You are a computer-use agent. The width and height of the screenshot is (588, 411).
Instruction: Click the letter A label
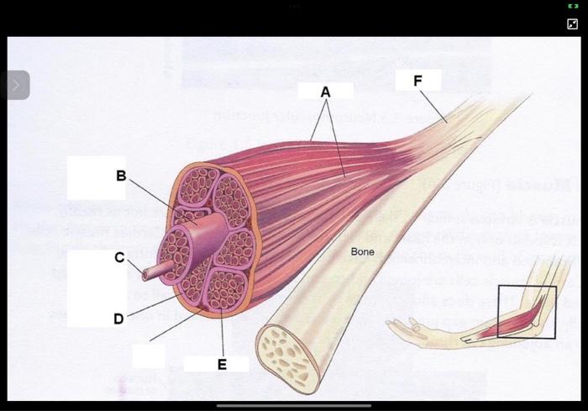[x=326, y=92]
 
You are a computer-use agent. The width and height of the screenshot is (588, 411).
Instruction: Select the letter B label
[x=121, y=177]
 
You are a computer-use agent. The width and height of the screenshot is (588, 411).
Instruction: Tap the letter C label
[x=120, y=257]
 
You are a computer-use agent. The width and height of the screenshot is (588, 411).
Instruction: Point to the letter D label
[x=118, y=319]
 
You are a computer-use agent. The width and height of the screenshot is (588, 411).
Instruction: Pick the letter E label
[x=222, y=364]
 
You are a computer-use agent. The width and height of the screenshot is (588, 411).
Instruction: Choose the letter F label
[x=417, y=81]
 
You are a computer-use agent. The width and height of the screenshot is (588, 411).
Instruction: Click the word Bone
[x=362, y=251]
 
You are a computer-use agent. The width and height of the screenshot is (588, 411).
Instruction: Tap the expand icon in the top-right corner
[x=573, y=24]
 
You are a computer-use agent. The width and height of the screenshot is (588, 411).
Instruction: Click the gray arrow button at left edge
[x=16, y=85]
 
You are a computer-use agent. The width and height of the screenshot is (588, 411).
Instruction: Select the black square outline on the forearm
[x=527, y=312]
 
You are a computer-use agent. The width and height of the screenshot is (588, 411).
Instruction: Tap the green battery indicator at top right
[x=573, y=6]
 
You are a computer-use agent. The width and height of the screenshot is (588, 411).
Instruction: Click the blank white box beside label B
[x=96, y=177]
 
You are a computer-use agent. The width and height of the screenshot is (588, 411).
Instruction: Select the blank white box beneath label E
[x=216, y=364]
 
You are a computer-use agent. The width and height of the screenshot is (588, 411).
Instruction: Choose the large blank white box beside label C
[x=97, y=288]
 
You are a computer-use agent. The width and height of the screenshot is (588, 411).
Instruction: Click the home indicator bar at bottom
[x=293, y=405]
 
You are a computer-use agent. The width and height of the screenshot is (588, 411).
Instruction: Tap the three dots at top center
[x=294, y=5]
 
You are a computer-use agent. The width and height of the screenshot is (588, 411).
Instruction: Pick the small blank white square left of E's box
[x=148, y=356]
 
